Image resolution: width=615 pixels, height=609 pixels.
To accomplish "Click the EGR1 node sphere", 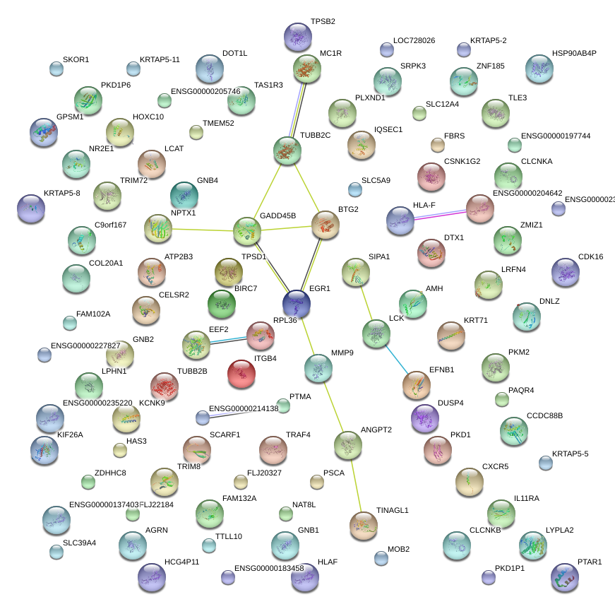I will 297,304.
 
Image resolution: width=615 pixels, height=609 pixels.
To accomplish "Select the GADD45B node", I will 247,230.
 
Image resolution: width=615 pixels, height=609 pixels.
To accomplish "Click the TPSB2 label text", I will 323,22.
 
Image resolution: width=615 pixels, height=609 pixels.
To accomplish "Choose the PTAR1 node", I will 564,577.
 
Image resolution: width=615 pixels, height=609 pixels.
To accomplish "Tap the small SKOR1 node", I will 56,69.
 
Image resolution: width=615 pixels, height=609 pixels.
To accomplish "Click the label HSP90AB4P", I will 574,53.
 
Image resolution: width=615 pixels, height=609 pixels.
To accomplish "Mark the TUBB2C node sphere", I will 287,150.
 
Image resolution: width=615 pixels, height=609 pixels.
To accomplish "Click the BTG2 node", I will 326,225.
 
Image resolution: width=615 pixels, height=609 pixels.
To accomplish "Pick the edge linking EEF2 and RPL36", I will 228,341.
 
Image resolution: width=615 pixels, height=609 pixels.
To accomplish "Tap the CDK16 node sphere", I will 565,272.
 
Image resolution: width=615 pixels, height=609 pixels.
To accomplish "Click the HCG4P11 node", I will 151,577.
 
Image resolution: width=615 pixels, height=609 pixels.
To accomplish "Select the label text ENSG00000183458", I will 268,568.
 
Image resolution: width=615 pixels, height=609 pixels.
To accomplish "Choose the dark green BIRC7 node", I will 222,303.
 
